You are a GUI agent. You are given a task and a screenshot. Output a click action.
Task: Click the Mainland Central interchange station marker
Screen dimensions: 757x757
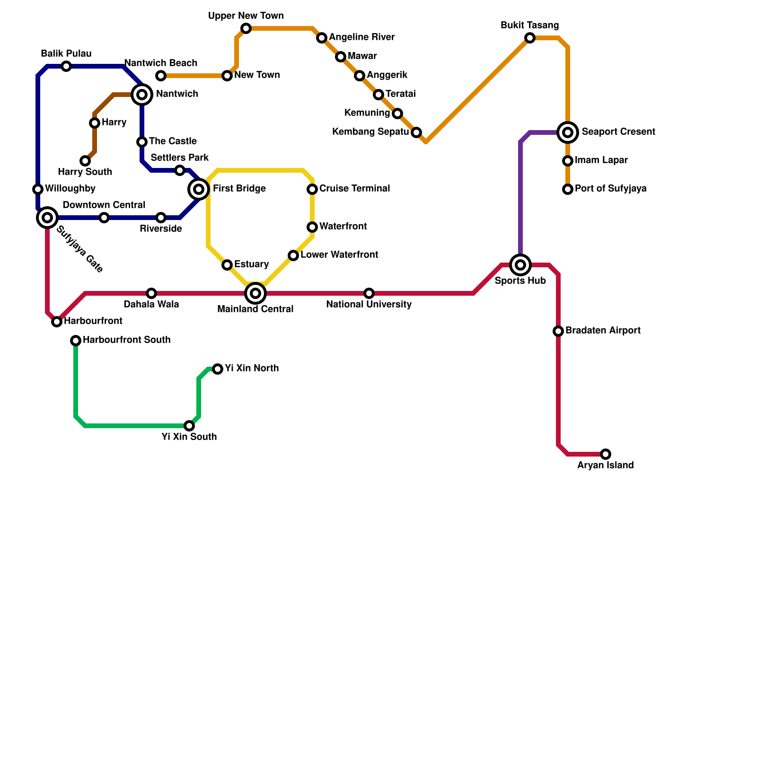pyautogui.click(x=255, y=293)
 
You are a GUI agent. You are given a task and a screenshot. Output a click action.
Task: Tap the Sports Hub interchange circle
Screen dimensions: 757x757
pyautogui.click(x=520, y=265)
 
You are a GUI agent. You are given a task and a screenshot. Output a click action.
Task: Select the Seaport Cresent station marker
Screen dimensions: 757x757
pyautogui.click(x=568, y=132)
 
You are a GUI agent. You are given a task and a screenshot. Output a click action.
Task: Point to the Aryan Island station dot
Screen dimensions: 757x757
pyautogui.click(x=606, y=454)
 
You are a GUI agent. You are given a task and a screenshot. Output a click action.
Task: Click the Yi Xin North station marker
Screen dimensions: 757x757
pyautogui.click(x=218, y=369)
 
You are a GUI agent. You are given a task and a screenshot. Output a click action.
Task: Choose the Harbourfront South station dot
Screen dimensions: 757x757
pyautogui.click(x=76, y=341)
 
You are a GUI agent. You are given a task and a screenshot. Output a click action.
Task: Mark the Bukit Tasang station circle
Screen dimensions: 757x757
pyautogui.click(x=530, y=38)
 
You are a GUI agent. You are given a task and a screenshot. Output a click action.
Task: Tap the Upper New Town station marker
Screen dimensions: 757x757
pyautogui.click(x=246, y=28)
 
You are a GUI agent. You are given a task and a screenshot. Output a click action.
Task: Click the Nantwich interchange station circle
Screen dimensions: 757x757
pyautogui.click(x=142, y=95)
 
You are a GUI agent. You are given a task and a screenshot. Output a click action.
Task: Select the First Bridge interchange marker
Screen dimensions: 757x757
pyautogui.click(x=199, y=189)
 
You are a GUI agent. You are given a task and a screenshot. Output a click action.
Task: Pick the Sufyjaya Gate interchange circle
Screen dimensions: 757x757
pyautogui.click(x=47, y=218)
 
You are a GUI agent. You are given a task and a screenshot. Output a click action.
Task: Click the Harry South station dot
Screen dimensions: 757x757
pyautogui.click(x=85, y=161)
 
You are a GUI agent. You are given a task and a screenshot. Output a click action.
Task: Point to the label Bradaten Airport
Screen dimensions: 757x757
pyautogui.click(x=603, y=331)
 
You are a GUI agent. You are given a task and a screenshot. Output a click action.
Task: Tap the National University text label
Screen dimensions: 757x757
pyautogui.click(x=369, y=305)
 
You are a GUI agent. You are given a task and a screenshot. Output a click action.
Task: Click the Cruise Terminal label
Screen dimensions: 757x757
pyautogui.click(x=354, y=189)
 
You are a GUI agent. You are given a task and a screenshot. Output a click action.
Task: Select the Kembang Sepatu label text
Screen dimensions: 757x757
pyautogui.click(x=370, y=132)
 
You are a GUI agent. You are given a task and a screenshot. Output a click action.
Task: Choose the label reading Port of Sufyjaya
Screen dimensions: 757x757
pyautogui.click(x=610, y=189)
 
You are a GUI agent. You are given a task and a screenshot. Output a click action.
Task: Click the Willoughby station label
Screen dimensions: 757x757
pyautogui.click(x=70, y=189)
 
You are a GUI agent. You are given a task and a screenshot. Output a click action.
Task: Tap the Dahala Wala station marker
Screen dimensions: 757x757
pyautogui.click(x=151, y=293)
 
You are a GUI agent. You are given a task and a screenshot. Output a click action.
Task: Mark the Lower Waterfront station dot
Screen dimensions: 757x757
pyautogui.click(x=293, y=255)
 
